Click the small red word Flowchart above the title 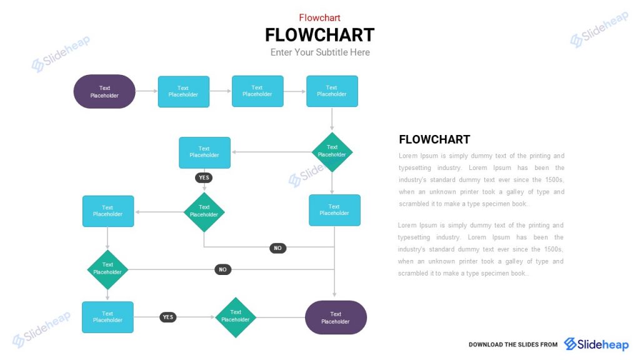pos(319,17)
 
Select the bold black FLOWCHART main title pos(319,35)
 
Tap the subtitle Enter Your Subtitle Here pos(319,52)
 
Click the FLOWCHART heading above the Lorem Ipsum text pos(434,139)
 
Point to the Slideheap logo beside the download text pos(596,344)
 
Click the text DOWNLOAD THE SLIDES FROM pos(512,345)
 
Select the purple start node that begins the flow pos(104,92)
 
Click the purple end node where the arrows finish pos(336,317)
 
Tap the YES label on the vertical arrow pos(204,178)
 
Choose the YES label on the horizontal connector pos(167,317)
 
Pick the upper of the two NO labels pos(277,248)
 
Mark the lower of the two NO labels pos(222,270)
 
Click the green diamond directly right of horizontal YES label pos(236,317)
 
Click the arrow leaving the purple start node pos(146,91)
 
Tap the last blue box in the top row pos(332,91)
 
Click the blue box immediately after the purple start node pos(183,92)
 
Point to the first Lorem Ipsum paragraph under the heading pos(481,180)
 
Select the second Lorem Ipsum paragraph pos(481,249)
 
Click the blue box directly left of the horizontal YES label pos(107,317)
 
